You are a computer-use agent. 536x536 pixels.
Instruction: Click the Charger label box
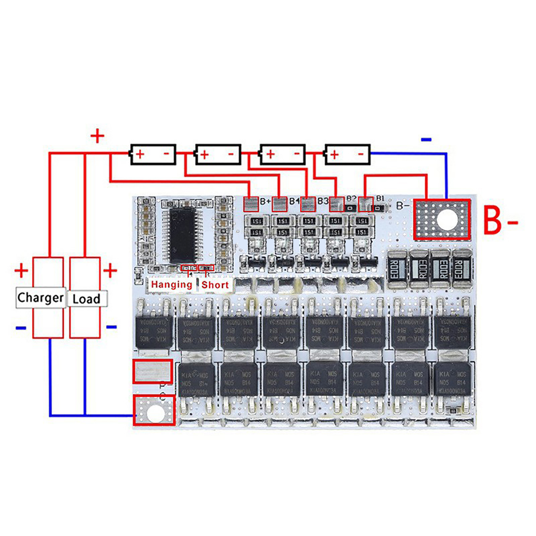click(41, 297)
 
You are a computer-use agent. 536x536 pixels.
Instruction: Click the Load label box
click(87, 298)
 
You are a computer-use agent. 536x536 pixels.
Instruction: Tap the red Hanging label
click(172, 285)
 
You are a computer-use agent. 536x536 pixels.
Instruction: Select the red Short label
click(215, 285)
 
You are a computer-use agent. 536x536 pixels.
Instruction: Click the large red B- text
click(500, 221)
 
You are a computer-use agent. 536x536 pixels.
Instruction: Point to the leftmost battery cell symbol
click(153, 154)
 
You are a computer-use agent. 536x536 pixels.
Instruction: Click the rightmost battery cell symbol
click(347, 154)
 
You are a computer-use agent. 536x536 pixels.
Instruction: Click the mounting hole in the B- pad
click(447, 219)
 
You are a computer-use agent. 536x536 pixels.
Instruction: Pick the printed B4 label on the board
click(294, 201)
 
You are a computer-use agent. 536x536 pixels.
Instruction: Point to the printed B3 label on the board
click(323, 201)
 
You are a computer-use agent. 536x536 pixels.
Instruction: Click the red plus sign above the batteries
click(97, 136)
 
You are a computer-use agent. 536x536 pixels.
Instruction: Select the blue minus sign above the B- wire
click(426, 139)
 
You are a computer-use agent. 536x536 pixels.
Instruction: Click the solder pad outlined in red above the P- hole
click(153, 371)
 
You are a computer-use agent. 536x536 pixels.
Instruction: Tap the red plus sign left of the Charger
click(21, 270)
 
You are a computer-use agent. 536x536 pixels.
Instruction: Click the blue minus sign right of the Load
click(111, 327)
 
